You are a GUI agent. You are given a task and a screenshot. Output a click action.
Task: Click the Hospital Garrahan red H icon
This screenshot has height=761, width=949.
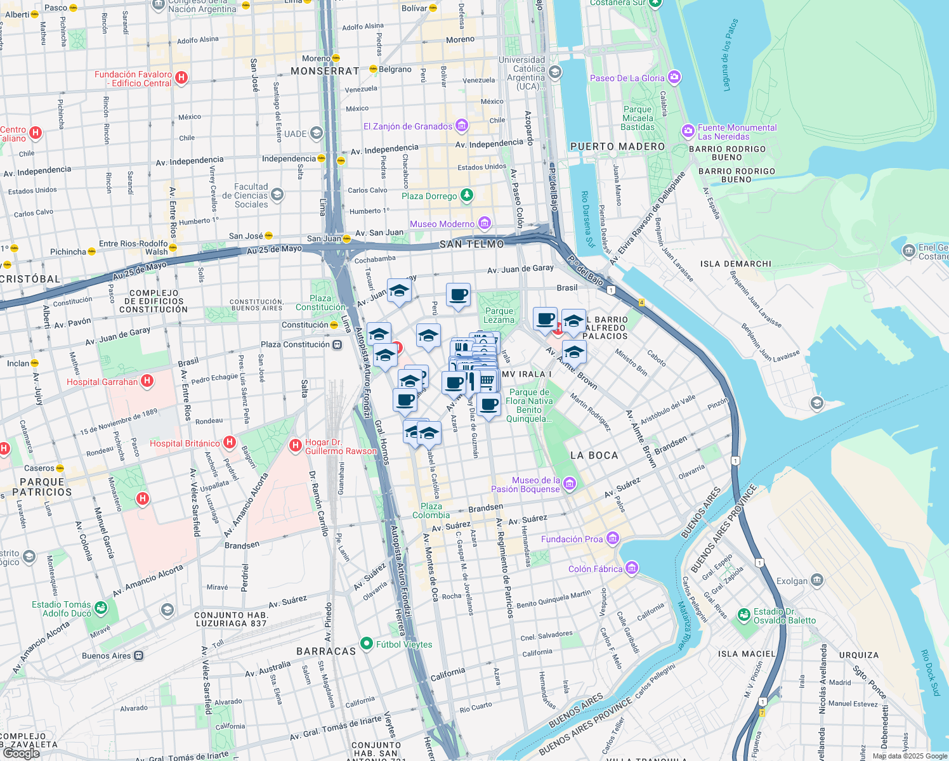pos(147,380)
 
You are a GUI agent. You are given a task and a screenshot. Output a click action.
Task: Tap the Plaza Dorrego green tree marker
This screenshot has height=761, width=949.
pos(467,195)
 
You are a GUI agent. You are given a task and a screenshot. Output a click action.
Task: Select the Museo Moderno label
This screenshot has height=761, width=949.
pos(442,224)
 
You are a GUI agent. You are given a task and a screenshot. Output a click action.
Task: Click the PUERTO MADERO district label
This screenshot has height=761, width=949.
pos(617,146)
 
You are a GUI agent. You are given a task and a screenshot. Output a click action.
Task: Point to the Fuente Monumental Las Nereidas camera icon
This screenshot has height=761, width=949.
pos(688,131)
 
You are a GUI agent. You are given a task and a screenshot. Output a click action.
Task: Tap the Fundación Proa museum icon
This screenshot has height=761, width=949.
pos(612,539)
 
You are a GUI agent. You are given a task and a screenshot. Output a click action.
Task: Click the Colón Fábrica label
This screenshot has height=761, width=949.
pos(595,569)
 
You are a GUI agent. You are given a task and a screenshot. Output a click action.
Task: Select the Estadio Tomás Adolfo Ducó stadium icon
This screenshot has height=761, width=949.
pos(100,609)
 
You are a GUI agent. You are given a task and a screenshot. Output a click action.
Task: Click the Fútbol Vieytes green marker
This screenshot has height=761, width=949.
pos(366,644)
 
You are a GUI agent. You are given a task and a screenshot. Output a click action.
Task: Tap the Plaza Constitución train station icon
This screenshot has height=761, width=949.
pos(337,344)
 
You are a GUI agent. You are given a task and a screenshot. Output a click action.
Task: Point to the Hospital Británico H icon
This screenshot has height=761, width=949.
pos(230,442)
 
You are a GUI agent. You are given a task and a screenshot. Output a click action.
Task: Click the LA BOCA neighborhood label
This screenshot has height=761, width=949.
pos(594,455)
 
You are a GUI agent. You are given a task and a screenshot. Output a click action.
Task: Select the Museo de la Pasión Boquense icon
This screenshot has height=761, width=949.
pos(569,485)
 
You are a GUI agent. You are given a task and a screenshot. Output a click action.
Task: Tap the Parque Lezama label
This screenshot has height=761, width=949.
pos(499,315)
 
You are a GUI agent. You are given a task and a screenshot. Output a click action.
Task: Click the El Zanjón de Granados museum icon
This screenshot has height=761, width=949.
pos(462,126)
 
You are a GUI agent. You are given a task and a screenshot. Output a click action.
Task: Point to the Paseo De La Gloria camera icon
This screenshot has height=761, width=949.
pos(674,77)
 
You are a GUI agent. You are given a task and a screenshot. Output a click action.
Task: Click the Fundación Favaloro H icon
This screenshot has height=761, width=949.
pos(181,78)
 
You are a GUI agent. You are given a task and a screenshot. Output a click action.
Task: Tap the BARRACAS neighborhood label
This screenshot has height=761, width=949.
pos(326,651)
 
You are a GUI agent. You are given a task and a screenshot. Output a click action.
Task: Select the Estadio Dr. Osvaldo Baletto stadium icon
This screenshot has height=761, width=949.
pos(744,615)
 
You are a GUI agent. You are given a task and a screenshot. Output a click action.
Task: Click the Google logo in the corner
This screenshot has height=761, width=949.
pos(21,753)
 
